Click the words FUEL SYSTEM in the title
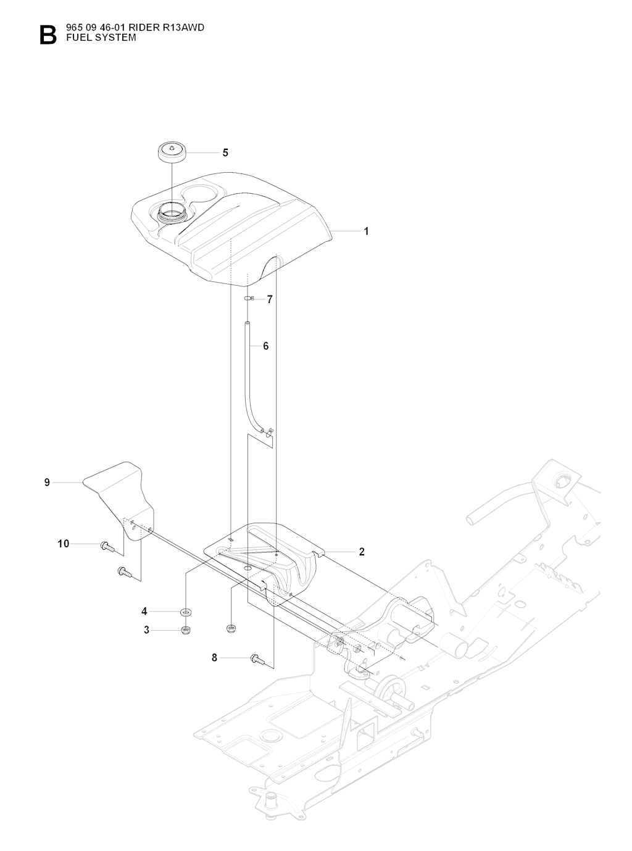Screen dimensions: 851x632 tap(96, 38)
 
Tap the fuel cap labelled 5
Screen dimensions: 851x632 tap(172, 152)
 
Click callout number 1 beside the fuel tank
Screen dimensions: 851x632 tap(366, 231)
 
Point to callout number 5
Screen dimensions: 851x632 tap(225, 152)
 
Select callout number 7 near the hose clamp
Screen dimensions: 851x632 tap(270, 299)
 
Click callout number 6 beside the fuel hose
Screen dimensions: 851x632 tap(266, 346)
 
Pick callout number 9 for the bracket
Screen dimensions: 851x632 tap(47, 483)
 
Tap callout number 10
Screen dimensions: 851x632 tap(64, 544)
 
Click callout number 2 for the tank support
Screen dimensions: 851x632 tap(362, 552)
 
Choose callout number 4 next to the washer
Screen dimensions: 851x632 tap(144, 612)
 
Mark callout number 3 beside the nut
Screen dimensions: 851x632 tap(147, 630)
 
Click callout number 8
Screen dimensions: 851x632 tap(215, 658)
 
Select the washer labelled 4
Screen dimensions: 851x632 tap(186, 612)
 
